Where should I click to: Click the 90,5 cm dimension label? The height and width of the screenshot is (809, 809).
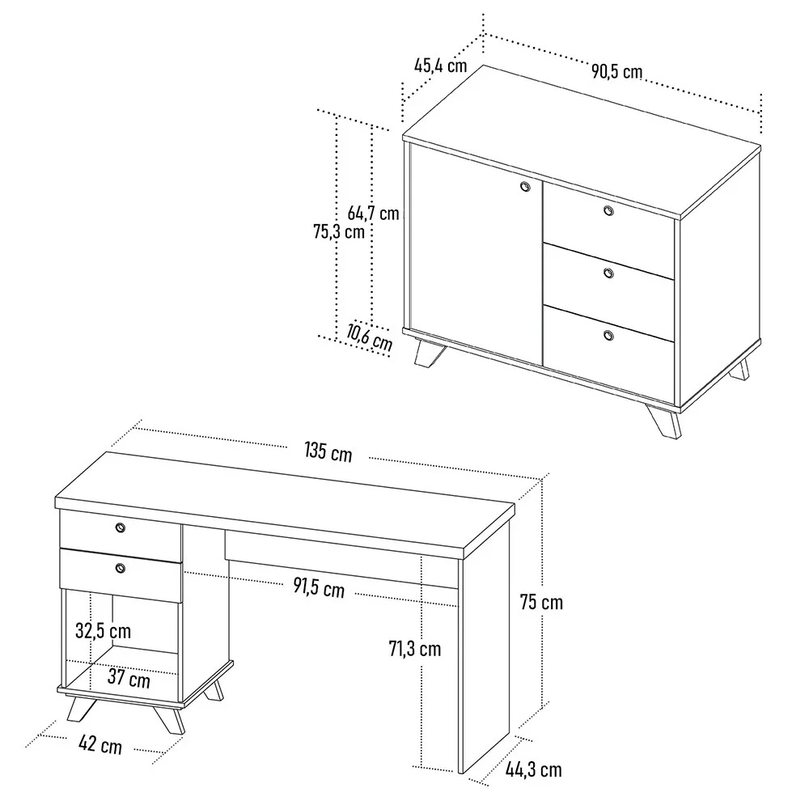coord(616,71)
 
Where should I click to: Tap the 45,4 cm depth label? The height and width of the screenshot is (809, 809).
coord(441,66)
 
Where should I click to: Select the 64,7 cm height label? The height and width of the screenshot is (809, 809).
coord(374,214)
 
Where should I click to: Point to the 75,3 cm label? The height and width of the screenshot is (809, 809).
coord(338,231)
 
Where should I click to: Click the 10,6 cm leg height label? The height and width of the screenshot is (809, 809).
coord(370,336)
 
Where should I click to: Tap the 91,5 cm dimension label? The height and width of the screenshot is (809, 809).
coord(319,588)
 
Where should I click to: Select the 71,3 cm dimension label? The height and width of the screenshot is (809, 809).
coord(415,648)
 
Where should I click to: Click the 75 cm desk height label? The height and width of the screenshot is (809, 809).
coord(541,602)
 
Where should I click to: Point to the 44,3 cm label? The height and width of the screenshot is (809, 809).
coord(534,769)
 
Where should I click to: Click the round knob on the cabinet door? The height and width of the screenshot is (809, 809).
coord(524,187)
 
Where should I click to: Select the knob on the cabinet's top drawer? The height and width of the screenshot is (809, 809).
coord(608,211)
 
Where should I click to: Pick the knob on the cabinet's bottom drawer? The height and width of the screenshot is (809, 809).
coord(608,335)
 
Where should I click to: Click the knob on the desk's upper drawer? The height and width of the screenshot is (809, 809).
coord(121,527)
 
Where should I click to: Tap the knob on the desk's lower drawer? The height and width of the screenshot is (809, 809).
coord(121,568)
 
